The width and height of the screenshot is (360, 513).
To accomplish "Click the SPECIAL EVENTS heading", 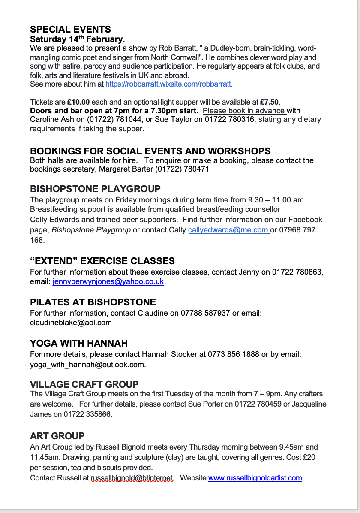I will click(x=70, y=29).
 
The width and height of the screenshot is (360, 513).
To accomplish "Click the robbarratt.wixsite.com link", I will click(x=169, y=84).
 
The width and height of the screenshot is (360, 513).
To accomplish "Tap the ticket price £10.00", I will click(x=78, y=102).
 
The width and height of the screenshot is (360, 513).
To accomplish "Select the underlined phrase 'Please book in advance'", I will click(x=244, y=111).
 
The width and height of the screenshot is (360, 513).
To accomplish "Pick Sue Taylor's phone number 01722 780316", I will click(x=229, y=119).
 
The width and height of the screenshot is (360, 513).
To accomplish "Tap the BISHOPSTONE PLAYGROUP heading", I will click(x=95, y=189).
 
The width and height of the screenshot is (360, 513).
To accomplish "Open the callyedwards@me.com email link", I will click(x=228, y=230).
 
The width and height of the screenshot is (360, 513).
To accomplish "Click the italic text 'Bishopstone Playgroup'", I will click(x=91, y=230).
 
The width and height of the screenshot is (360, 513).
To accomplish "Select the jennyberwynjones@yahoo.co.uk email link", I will click(x=108, y=282).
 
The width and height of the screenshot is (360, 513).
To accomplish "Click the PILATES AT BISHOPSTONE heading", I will click(x=93, y=302).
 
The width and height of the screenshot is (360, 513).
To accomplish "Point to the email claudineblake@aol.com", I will click(x=71, y=323).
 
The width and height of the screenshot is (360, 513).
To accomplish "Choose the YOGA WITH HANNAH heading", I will click(x=79, y=343).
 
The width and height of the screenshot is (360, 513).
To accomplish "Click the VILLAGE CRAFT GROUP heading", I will click(x=84, y=384).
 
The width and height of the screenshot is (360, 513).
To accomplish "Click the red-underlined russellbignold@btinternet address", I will click(x=132, y=478).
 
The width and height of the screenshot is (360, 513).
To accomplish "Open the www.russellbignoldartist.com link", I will click(x=255, y=478).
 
